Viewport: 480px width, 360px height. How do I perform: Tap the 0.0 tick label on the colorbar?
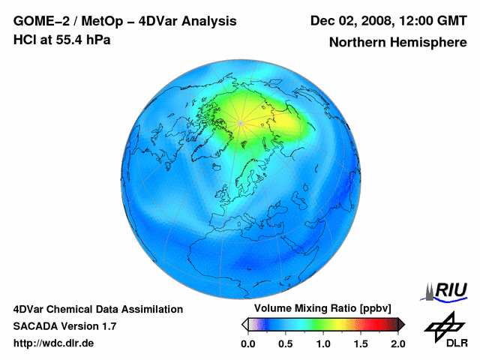click(247, 343)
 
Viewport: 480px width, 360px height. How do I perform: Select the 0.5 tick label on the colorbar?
click(285, 343)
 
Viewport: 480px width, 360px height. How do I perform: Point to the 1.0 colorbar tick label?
click(322, 343)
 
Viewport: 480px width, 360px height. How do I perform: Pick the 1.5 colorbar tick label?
click(360, 343)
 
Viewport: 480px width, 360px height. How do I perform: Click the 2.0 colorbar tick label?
click(397, 343)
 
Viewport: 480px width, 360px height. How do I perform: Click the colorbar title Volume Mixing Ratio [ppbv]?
click(319, 309)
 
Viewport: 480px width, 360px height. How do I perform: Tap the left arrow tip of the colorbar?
click(243, 324)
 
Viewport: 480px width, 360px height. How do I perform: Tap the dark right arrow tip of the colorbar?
click(402, 324)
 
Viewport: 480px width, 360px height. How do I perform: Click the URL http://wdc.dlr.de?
click(54, 343)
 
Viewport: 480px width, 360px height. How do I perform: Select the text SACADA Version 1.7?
click(64, 326)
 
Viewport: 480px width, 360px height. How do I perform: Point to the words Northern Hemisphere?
click(397, 43)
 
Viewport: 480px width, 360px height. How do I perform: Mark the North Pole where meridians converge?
click(240, 122)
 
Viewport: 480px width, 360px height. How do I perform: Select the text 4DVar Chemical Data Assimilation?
click(98, 309)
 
